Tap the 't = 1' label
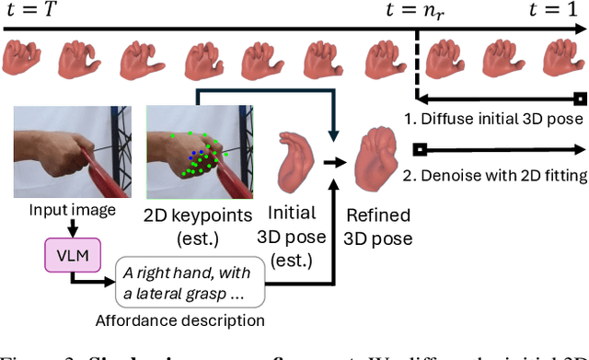[x=551, y=13]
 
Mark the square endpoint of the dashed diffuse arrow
[x=579, y=98]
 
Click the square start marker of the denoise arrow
[x=418, y=148]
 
